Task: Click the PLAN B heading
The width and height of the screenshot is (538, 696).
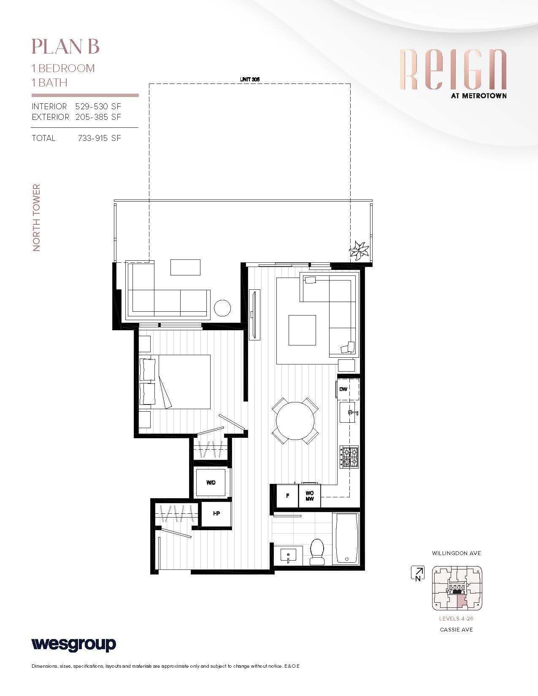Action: [x=65, y=46]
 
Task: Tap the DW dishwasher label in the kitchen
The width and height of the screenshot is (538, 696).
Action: [x=343, y=389]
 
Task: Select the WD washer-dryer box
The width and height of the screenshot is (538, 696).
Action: [x=211, y=483]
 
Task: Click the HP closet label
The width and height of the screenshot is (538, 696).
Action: [x=216, y=514]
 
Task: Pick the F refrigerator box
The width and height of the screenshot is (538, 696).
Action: [x=287, y=496]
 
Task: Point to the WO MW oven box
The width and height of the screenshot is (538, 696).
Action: [x=310, y=496]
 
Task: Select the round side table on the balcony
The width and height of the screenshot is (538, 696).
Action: [x=222, y=308]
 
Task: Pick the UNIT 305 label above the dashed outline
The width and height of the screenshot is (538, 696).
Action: [x=249, y=79]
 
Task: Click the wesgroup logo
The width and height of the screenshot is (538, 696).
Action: [x=74, y=644]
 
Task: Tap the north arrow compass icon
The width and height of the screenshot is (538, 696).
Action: [x=417, y=574]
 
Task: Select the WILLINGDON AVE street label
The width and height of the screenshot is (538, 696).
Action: [x=456, y=553]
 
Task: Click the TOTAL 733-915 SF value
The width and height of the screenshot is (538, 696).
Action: [x=99, y=138]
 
